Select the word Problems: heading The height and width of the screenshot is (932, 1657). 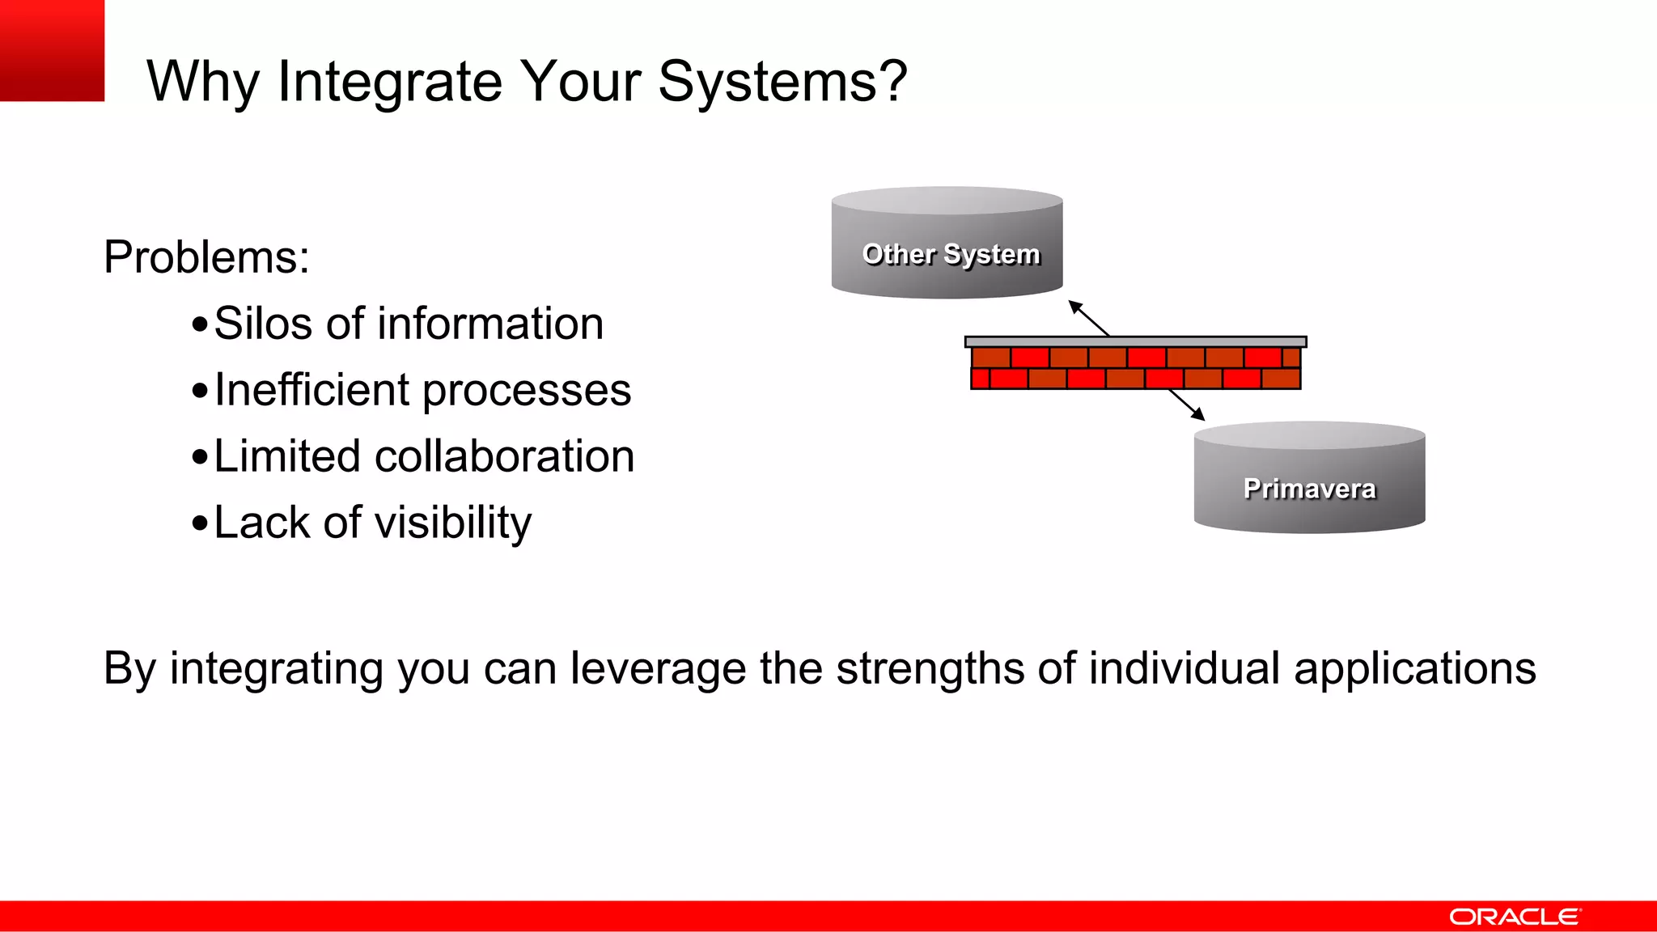click(x=206, y=258)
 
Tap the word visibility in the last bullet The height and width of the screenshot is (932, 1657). click(x=451, y=523)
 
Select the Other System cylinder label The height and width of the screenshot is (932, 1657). click(x=951, y=254)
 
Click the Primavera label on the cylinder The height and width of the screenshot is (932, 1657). click(x=1309, y=489)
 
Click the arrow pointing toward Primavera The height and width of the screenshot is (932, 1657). click(x=1188, y=405)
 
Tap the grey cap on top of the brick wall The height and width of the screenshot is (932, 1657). click(x=1135, y=342)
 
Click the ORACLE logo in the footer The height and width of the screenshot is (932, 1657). click(x=1514, y=917)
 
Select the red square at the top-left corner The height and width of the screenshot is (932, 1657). click(x=52, y=50)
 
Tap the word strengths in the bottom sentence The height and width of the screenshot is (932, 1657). click(x=930, y=669)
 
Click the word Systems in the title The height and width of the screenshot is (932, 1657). click(x=766, y=83)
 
